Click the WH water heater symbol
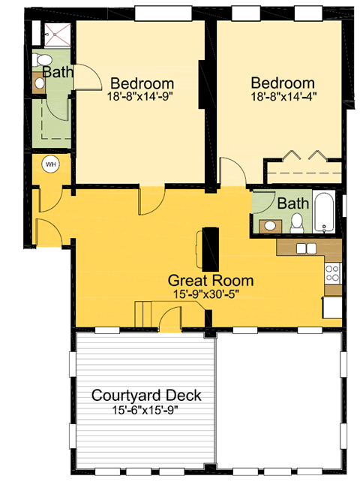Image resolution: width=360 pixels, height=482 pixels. pos(51,164)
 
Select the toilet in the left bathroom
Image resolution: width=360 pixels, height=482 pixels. pos(44,60)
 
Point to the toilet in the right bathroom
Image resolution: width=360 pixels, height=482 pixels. pos(297,222)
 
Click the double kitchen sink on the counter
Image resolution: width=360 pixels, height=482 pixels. pos(305,249)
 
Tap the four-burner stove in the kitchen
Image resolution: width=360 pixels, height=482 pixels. pos(332,273)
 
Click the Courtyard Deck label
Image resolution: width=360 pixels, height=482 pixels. pos(141,396)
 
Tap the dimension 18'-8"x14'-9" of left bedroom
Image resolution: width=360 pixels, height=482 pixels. pos(142,95)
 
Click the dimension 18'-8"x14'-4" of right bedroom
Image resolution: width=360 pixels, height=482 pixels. pos(282,95)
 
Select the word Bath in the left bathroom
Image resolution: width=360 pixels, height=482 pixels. pos(57,73)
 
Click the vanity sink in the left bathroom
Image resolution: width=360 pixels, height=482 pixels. pos(39,85)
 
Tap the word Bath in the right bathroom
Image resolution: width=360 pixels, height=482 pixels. pos(292,203)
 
